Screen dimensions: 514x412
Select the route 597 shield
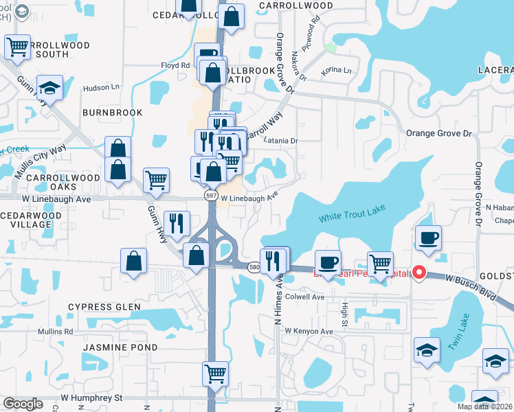click(x=212, y=196)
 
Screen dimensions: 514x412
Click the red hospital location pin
click(x=419, y=273)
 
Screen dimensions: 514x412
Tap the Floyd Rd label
click(x=175, y=66)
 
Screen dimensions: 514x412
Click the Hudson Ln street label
click(x=101, y=88)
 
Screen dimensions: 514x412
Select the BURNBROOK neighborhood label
click(x=112, y=113)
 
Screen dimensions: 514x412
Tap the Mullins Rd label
click(x=56, y=332)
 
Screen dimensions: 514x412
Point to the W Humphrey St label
click(x=91, y=397)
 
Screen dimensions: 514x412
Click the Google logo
click(x=23, y=404)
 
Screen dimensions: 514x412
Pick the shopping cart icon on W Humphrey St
click(x=215, y=374)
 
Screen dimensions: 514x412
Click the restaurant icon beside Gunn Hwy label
click(x=177, y=223)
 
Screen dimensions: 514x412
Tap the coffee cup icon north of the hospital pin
click(x=429, y=238)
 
